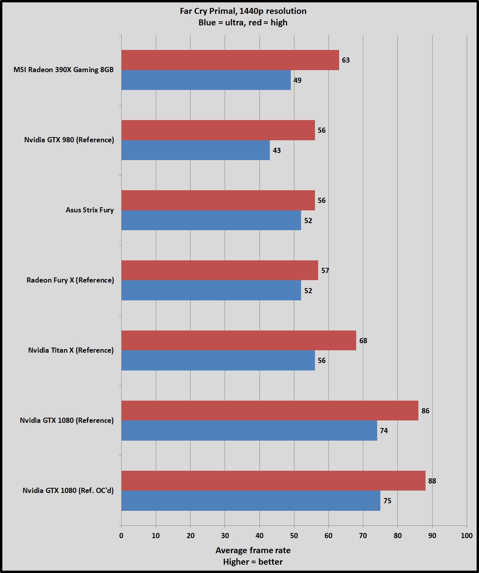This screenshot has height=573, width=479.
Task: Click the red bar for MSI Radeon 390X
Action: [230, 60]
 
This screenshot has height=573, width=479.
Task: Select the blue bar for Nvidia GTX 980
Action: [195, 150]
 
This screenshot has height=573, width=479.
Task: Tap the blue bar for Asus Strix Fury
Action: [211, 220]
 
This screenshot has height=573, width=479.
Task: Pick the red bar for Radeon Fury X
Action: [219, 270]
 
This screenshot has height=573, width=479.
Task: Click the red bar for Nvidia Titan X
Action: [239, 340]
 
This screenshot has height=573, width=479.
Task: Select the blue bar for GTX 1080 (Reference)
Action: [249, 430]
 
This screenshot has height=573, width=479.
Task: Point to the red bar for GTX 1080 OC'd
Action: [273, 481]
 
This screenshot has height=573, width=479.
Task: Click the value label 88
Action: [432, 481]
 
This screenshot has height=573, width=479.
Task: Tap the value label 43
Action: [277, 151]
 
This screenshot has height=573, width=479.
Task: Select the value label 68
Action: [363, 341]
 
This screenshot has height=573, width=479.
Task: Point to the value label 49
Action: [298, 80]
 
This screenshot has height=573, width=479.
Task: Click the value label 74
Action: [384, 431]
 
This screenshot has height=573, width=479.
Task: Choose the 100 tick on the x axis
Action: [467, 536]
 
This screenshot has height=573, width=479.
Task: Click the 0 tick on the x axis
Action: [121, 536]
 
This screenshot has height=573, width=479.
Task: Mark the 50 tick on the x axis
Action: [294, 536]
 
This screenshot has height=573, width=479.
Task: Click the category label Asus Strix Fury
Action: [90, 210]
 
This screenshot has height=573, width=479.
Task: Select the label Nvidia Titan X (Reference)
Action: [71, 350]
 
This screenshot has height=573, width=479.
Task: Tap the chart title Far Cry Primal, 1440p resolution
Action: [243, 11]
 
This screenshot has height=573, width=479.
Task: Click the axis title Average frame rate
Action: [253, 550]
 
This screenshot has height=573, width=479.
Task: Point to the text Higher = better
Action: [253, 562]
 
